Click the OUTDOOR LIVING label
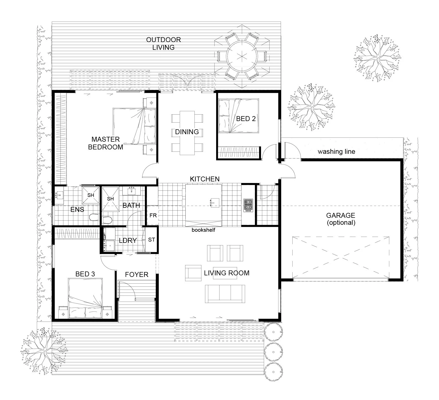(163, 44)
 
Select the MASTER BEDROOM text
(106, 143)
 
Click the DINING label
(187, 132)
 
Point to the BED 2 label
(246, 119)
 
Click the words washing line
(336, 151)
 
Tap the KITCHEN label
(205, 179)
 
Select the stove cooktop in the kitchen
(248, 205)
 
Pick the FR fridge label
(153, 215)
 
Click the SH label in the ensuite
(91, 195)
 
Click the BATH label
(131, 205)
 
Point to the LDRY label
(128, 241)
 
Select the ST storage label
(152, 240)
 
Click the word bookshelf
(203, 230)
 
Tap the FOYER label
(137, 275)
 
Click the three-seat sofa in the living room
(225, 294)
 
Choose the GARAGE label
(341, 215)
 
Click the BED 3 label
(85, 274)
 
